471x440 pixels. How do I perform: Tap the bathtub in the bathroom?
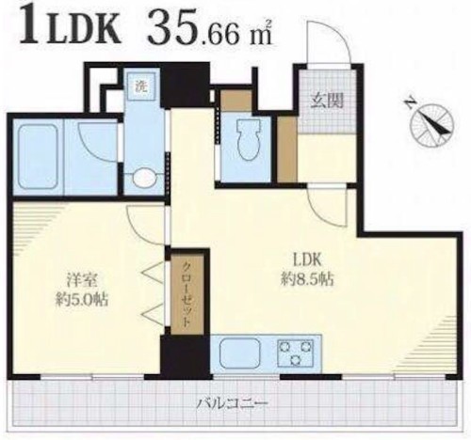(38, 157)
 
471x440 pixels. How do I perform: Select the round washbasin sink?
(144, 179)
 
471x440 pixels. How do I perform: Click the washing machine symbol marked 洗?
(141, 86)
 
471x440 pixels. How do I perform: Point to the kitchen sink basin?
(240, 354)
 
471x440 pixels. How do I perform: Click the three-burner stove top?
(296, 353)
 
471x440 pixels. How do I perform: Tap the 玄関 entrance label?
(327, 102)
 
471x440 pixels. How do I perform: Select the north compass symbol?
(432, 124)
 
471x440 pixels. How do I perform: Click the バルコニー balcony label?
(233, 404)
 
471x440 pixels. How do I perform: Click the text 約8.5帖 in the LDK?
(307, 279)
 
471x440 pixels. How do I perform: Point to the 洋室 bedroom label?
(82, 280)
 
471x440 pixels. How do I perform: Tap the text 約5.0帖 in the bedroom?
(82, 301)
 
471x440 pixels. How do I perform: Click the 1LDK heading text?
(70, 27)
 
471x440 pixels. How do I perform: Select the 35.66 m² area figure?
(210, 30)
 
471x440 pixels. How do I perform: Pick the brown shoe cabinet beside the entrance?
(287, 149)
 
